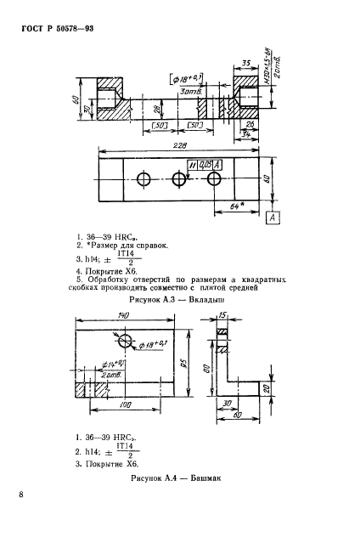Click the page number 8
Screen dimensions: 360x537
pos(20,493)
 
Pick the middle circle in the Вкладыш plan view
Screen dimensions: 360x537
pos(177,179)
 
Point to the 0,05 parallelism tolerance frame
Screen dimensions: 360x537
pos(200,163)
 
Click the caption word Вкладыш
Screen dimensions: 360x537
pos(199,299)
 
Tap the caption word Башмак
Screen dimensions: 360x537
pos(205,478)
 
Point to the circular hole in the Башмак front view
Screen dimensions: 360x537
pos(127,342)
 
